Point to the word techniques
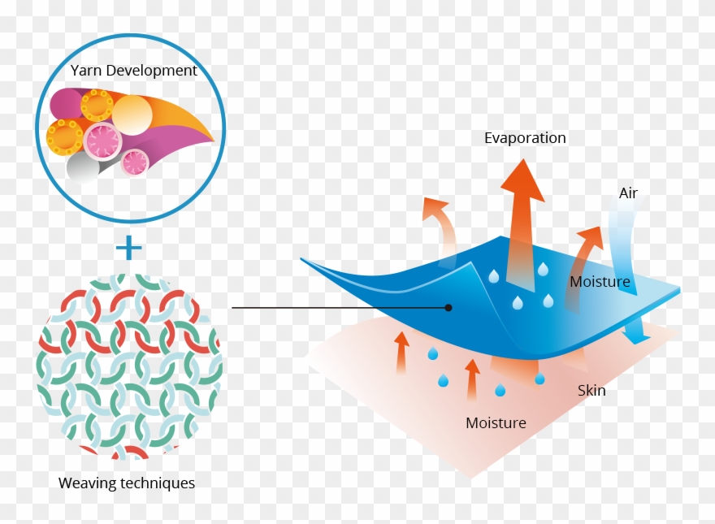(x=157, y=483)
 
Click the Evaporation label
(x=525, y=138)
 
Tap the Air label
(x=628, y=193)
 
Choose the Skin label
(x=591, y=391)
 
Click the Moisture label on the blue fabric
(x=600, y=282)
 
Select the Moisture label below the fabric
(x=496, y=423)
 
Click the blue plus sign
(x=128, y=247)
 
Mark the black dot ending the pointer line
(x=448, y=308)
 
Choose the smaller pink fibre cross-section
(x=135, y=162)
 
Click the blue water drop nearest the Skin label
(x=539, y=378)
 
